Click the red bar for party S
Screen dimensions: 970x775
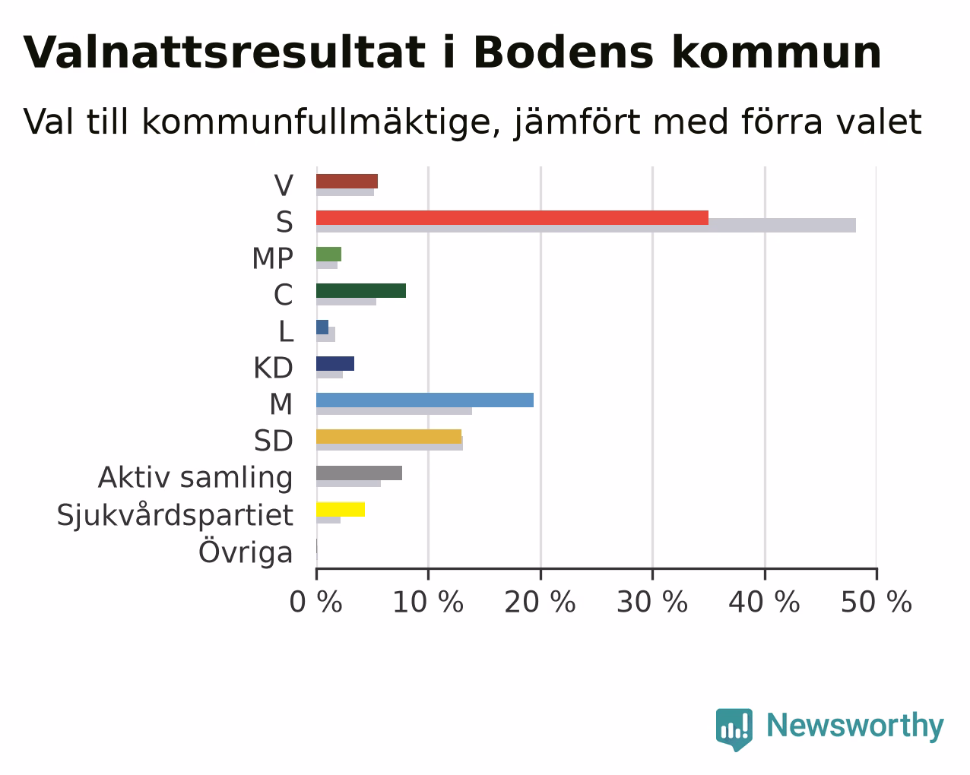(512, 217)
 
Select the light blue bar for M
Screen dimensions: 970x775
(425, 400)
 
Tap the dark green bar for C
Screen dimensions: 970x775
(360, 290)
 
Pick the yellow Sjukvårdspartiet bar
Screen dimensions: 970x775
(341, 510)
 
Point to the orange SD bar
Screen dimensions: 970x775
(388, 437)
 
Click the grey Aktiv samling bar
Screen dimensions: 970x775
(359, 473)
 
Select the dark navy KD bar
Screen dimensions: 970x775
(335, 364)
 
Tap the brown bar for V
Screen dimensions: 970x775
(347, 181)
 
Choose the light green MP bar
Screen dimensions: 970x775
(328, 254)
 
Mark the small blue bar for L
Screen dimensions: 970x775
(322, 327)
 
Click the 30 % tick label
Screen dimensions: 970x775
(652, 602)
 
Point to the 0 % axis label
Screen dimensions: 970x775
(315, 602)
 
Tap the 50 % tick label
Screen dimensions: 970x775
(876, 602)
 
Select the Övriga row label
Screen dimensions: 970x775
(246, 551)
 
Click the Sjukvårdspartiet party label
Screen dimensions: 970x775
(175, 515)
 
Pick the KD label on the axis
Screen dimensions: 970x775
(273, 368)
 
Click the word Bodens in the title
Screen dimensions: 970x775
(563, 52)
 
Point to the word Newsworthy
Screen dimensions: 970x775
(855, 726)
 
